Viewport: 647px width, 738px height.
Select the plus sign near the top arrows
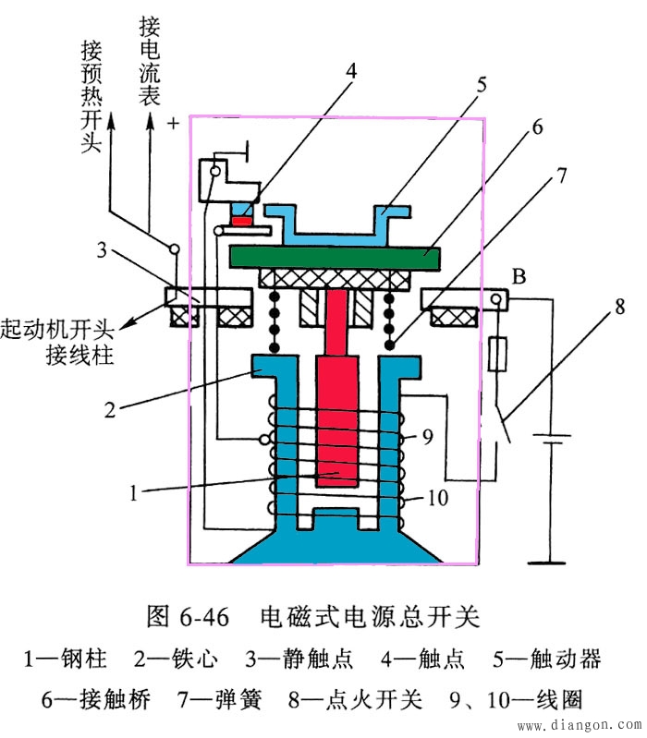171,121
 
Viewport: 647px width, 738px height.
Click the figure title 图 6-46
191,615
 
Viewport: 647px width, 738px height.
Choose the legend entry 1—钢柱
65,659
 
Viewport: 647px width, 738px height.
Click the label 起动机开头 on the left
56,328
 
